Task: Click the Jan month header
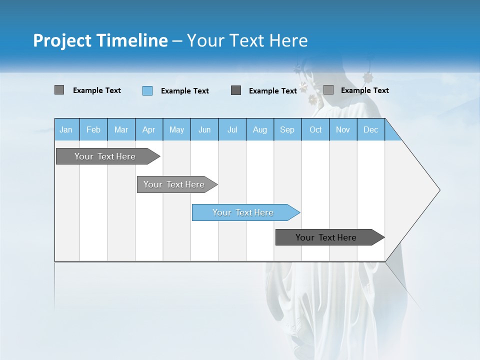pyautogui.click(x=66, y=130)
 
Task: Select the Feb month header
pyautogui.click(x=93, y=130)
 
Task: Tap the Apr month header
pyautogui.click(x=148, y=130)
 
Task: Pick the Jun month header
pyautogui.click(x=204, y=130)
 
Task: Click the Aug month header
pyautogui.click(x=259, y=130)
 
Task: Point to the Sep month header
pyautogui.click(x=287, y=130)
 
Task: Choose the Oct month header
pyautogui.click(x=315, y=130)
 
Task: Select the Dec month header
pyautogui.click(x=370, y=130)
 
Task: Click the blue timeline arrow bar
pyautogui.click(x=245, y=212)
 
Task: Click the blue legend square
pyautogui.click(x=147, y=90)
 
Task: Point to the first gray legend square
pyautogui.click(x=59, y=90)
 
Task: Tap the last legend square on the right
pyautogui.click(x=328, y=90)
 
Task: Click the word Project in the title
pyautogui.click(x=62, y=40)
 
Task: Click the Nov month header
pyautogui.click(x=343, y=130)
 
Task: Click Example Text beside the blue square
pyautogui.click(x=184, y=91)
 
